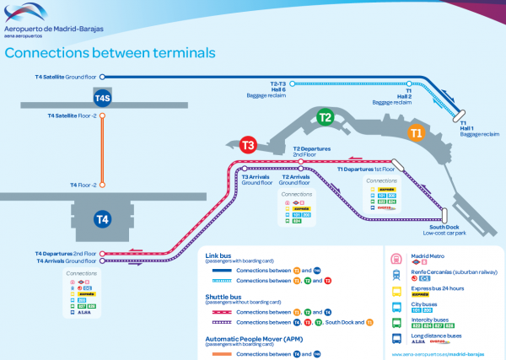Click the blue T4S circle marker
102,98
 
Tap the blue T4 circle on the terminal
102,219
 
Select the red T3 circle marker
248,145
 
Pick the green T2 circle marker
325,117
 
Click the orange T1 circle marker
416,132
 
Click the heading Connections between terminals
110,52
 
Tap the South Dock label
444,228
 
